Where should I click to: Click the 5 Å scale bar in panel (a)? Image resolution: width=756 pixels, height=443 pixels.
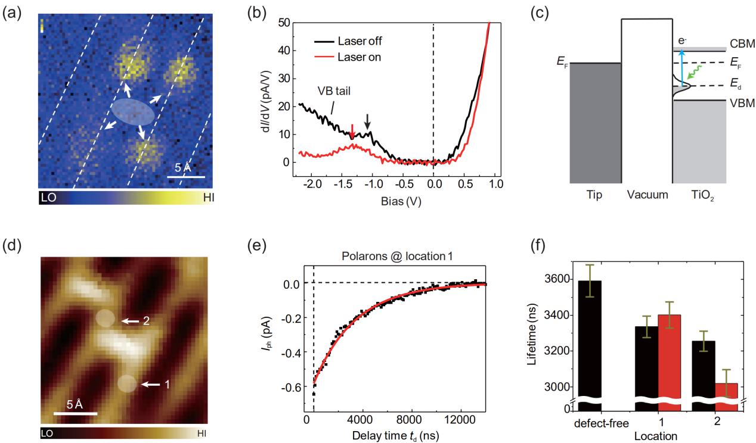186,177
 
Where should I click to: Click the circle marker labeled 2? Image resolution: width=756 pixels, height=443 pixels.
104,319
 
